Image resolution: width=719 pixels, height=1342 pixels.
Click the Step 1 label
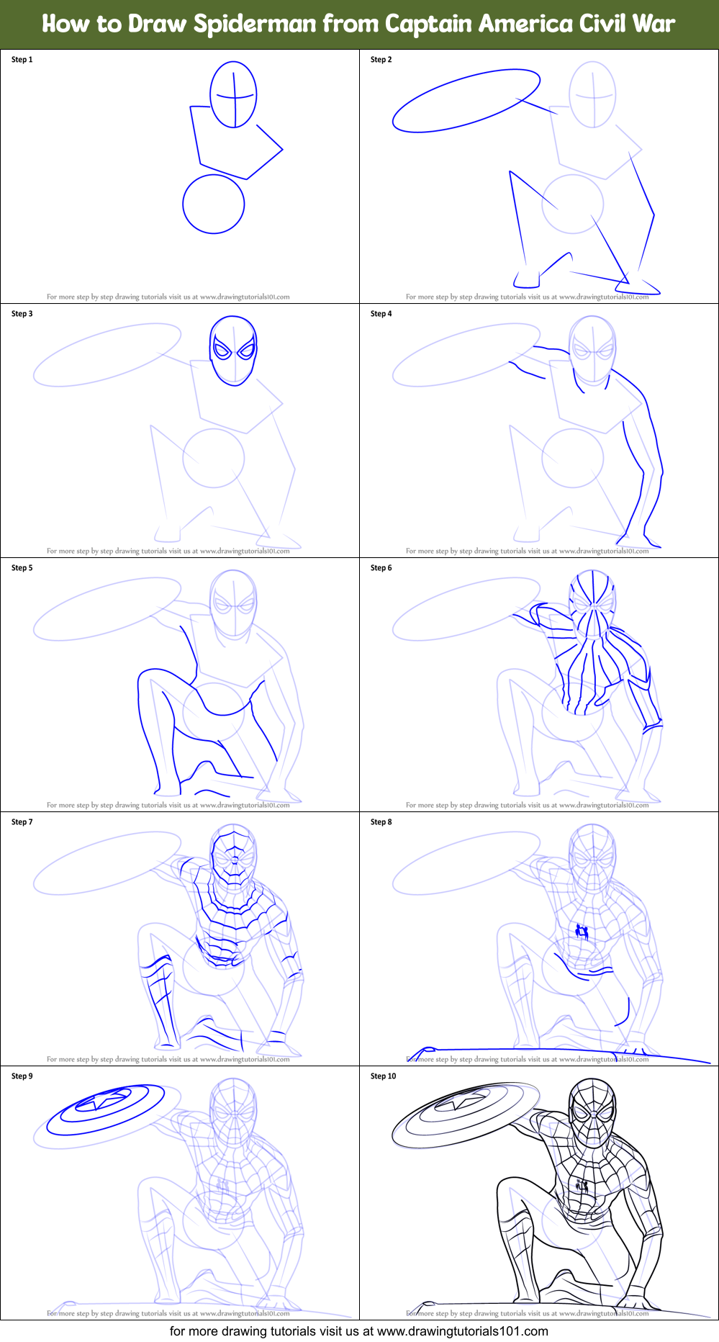(22, 60)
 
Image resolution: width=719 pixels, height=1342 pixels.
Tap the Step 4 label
(381, 314)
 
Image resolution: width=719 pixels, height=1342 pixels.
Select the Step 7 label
(22, 822)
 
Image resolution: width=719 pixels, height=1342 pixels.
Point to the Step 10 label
(384, 1076)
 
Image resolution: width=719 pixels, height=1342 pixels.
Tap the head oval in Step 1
(233, 94)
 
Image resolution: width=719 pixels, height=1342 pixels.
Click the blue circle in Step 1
(214, 204)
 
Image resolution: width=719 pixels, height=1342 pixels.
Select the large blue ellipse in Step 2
(466, 101)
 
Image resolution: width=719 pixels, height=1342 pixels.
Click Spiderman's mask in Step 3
(233, 350)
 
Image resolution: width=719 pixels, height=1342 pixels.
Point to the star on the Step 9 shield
(106, 1102)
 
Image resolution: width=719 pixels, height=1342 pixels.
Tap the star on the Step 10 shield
(465, 1102)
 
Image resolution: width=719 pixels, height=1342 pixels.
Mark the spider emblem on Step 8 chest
(582, 932)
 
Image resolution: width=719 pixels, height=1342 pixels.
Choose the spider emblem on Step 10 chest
(582, 1186)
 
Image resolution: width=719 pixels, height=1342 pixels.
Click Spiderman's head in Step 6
(592, 605)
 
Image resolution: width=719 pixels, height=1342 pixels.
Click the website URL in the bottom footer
(462, 1331)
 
